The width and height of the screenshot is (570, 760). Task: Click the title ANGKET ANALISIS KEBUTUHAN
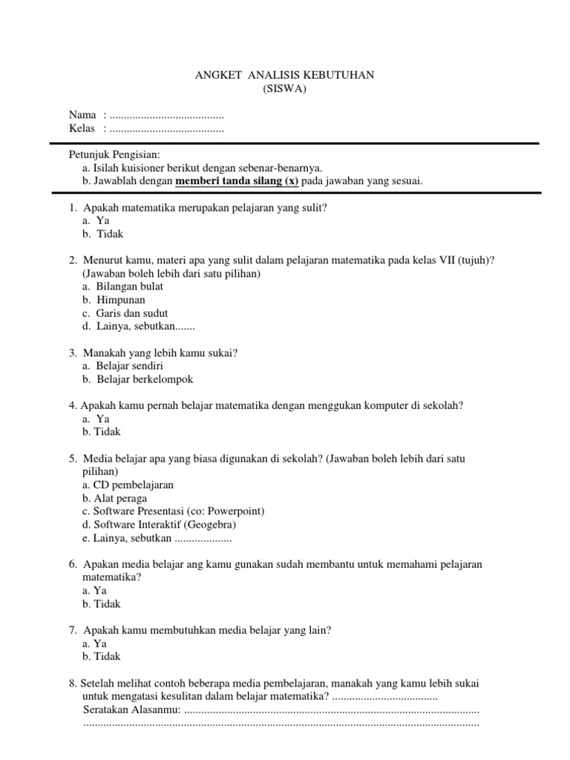[285, 75]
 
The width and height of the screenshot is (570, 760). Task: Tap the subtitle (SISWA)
[285, 89]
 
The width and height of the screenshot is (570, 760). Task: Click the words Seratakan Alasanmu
[131, 710]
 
